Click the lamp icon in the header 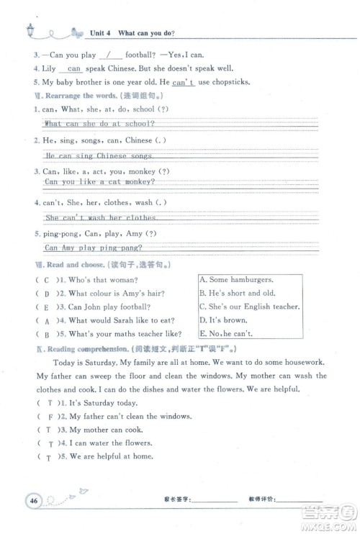(30, 30)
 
